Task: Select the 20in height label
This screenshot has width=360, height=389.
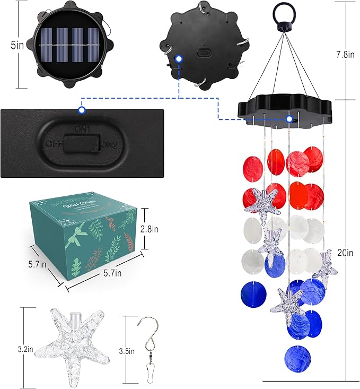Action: click(345, 252)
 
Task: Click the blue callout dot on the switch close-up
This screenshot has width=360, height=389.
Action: click(81, 110)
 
